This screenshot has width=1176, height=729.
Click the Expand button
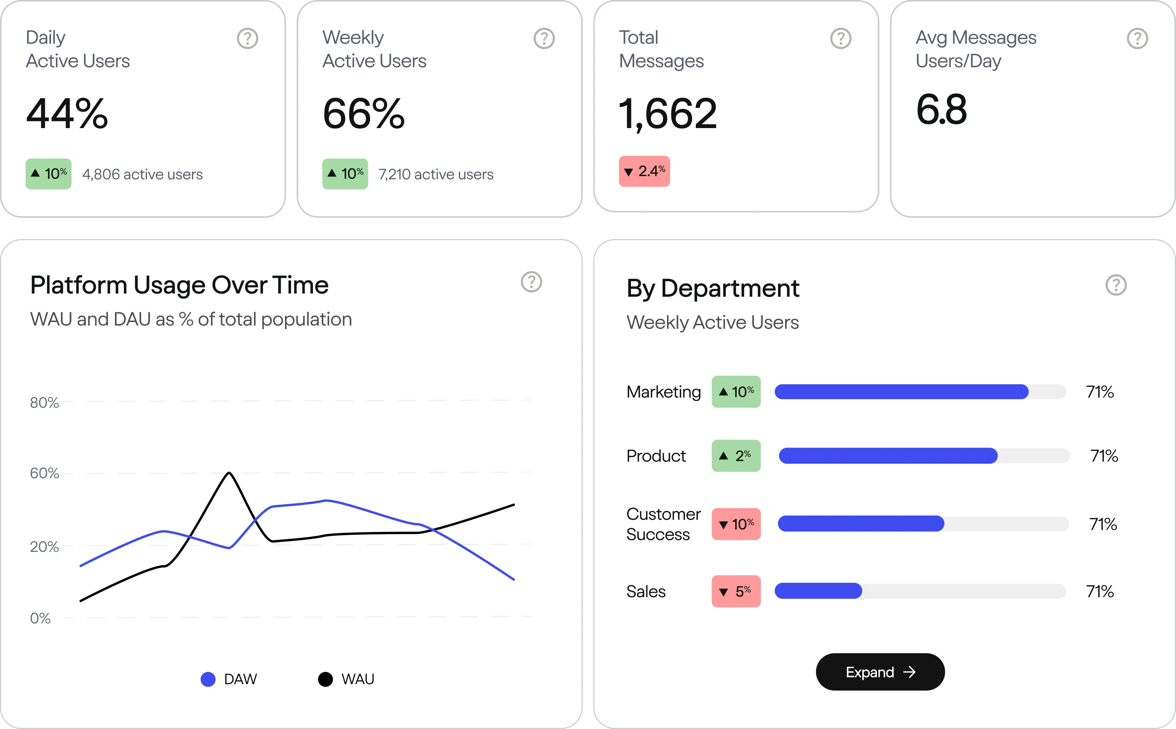tap(880, 672)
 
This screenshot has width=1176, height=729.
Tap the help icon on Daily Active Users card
tap(247, 38)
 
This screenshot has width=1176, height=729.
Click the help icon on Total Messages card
tap(841, 38)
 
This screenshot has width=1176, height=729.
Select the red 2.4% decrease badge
tap(645, 171)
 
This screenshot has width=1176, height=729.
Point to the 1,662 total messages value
tap(668, 114)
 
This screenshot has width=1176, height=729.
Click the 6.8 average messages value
tap(941, 110)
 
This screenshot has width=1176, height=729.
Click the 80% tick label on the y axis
tap(44, 403)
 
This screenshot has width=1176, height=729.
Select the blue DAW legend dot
tap(208, 679)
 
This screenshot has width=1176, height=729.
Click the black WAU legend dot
tap(325, 679)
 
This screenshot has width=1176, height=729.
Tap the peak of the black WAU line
tap(229, 474)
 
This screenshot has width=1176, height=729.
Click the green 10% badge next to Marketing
tap(736, 391)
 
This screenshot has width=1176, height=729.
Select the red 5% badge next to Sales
tap(736, 591)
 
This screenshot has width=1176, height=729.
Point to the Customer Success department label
tap(663, 524)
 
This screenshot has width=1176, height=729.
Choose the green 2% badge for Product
tap(736, 456)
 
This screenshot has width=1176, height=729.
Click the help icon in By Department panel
tap(1116, 285)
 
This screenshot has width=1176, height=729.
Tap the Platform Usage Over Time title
tap(179, 285)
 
